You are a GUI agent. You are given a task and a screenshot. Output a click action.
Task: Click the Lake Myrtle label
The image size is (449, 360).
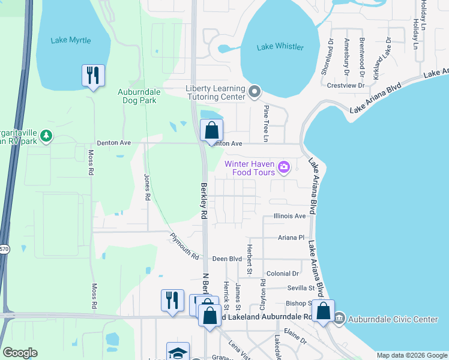(x=71, y=40)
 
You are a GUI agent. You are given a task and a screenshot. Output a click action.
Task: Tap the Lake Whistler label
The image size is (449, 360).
(x=280, y=47)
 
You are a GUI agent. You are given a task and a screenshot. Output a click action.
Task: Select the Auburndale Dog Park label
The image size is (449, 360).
(x=137, y=96)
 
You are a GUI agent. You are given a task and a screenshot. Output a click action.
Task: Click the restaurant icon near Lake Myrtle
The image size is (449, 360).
(x=93, y=76)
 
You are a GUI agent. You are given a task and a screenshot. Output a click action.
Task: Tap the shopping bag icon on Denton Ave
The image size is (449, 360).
(x=211, y=130)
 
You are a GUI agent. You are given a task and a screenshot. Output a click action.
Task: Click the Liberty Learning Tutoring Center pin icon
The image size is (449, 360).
(x=255, y=92)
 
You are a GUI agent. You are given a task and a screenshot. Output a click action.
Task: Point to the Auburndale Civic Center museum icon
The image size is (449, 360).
(x=339, y=317)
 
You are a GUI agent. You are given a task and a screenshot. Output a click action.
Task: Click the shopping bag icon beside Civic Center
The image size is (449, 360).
(x=323, y=311)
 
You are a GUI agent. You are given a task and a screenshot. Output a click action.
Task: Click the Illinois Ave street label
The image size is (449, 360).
(x=289, y=215)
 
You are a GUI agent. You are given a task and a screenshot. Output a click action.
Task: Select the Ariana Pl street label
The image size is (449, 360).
(x=291, y=238)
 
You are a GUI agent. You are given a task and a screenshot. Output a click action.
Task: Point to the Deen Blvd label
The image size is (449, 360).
(x=227, y=259)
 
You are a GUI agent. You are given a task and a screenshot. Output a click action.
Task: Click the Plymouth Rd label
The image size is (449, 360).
(x=184, y=246)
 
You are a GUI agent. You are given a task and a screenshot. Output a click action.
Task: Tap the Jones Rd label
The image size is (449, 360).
(x=146, y=187)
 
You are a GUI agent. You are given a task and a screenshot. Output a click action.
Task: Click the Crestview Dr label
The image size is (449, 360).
(x=346, y=86)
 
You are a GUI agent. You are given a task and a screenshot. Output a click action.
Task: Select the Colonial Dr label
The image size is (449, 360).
(x=279, y=274)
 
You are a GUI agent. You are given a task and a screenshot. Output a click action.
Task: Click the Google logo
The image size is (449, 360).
(x=20, y=353)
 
